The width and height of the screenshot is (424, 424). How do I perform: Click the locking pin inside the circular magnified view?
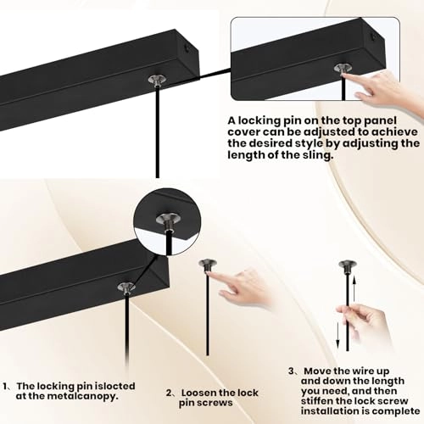(x=168, y=221)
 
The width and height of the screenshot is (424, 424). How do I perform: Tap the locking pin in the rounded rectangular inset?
(x=343, y=70)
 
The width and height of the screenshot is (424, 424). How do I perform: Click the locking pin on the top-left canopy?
(x=158, y=80)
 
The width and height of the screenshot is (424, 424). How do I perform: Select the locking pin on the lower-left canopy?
(x=126, y=287)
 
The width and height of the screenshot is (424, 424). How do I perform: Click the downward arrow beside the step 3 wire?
(x=338, y=336)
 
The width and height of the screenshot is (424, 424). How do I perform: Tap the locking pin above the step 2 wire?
(x=208, y=265)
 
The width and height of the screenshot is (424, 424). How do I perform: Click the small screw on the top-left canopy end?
(x=187, y=48)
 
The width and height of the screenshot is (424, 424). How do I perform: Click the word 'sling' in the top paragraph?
(x=316, y=155)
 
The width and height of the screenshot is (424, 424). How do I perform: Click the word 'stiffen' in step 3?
(x=318, y=401)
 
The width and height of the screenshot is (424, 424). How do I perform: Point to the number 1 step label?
(x=5, y=386)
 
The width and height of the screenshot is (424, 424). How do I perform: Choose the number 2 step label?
(x=169, y=393)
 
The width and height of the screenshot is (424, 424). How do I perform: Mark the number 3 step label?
(x=292, y=371)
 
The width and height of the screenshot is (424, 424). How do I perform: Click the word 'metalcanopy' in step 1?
(x=82, y=396)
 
